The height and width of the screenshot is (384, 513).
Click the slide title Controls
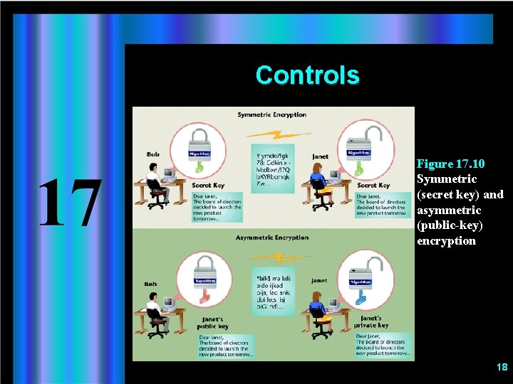point(307,75)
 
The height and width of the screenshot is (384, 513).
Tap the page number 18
point(502,367)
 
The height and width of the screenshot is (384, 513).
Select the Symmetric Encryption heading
point(271,114)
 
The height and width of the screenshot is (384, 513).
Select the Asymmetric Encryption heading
point(271,238)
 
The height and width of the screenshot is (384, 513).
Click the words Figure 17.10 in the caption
point(450,164)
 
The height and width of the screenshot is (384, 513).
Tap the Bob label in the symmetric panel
point(152,154)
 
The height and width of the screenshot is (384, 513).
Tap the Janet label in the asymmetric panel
point(320,280)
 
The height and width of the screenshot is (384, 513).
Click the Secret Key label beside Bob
point(208,186)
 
